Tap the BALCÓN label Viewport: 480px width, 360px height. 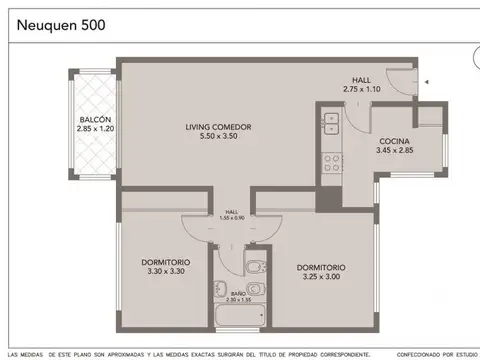coord(93,120)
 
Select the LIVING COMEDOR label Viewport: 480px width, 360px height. coord(217,127)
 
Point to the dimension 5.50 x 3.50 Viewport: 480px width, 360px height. coord(217,137)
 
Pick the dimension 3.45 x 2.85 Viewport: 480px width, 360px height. coord(394,150)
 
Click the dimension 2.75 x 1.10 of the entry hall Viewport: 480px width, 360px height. coord(362,90)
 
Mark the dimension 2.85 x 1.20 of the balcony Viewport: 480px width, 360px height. coord(93,130)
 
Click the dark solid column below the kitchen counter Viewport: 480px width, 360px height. coord(327,197)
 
